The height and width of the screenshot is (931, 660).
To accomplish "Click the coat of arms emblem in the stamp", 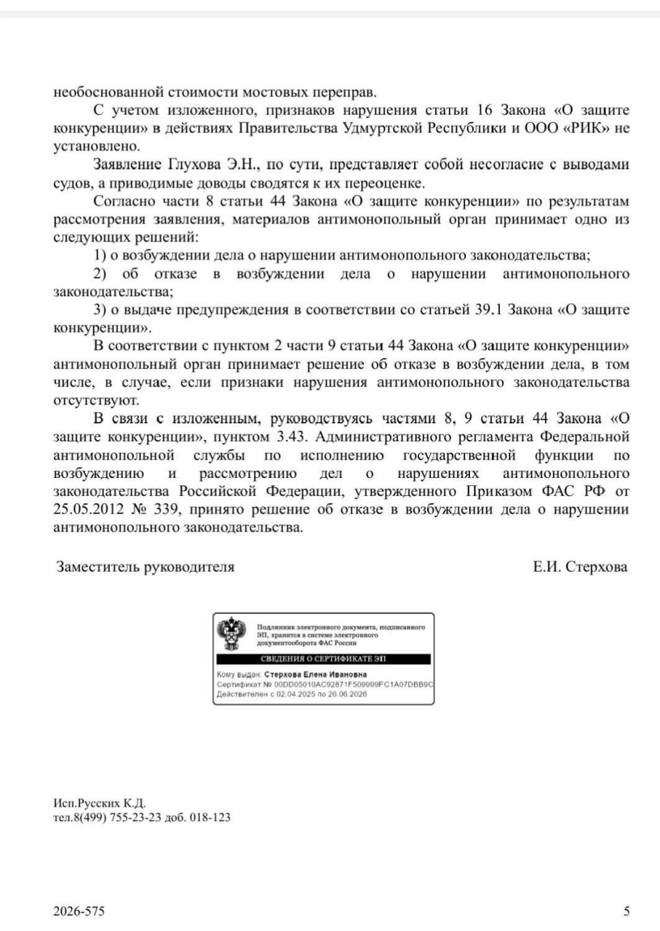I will (x=232, y=633).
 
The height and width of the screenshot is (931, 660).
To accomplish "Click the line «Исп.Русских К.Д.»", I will (x=100, y=803).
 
